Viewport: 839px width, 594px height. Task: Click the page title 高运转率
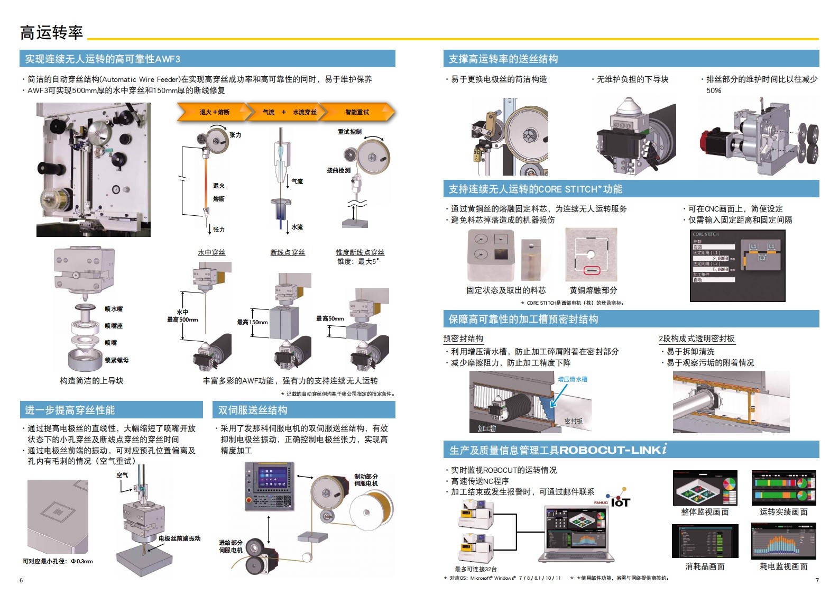pyautogui.click(x=51, y=33)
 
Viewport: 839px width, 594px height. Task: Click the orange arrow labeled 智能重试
pyautogui.click(x=358, y=112)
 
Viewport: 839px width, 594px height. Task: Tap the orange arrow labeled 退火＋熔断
pyautogui.click(x=215, y=112)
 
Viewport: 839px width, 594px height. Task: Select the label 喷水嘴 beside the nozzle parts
pyautogui.click(x=113, y=309)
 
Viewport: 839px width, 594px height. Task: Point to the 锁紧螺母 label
pyautogui.click(x=116, y=360)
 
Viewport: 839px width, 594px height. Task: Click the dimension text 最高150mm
pyautogui.click(x=252, y=322)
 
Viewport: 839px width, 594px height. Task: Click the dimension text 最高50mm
pyautogui.click(x=329, y=318)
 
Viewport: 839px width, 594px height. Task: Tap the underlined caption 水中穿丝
pyautogui.click(x=211, y=252)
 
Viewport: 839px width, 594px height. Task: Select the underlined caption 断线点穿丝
pyautogui.click(x=288, y=252)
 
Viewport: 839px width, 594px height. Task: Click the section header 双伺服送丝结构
pyautogui.click(x=253, y=410)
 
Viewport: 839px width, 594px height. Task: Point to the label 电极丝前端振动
pyautogui.click(x=179, y=538)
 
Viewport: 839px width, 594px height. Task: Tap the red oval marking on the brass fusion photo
pyautogui.click(x=592, y=271)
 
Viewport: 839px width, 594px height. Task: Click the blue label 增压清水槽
pyautogui.click(x=573, y=379)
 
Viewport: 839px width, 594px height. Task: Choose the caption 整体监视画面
pyautogui.click(x=705, y=512)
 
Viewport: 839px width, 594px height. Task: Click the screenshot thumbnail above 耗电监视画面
pyautogui.click(x=783, y=541)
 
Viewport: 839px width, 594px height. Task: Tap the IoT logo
pyautogui.click(x=620, y=501)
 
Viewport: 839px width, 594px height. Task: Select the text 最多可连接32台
pyautogui.click(x=476, y=569)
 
